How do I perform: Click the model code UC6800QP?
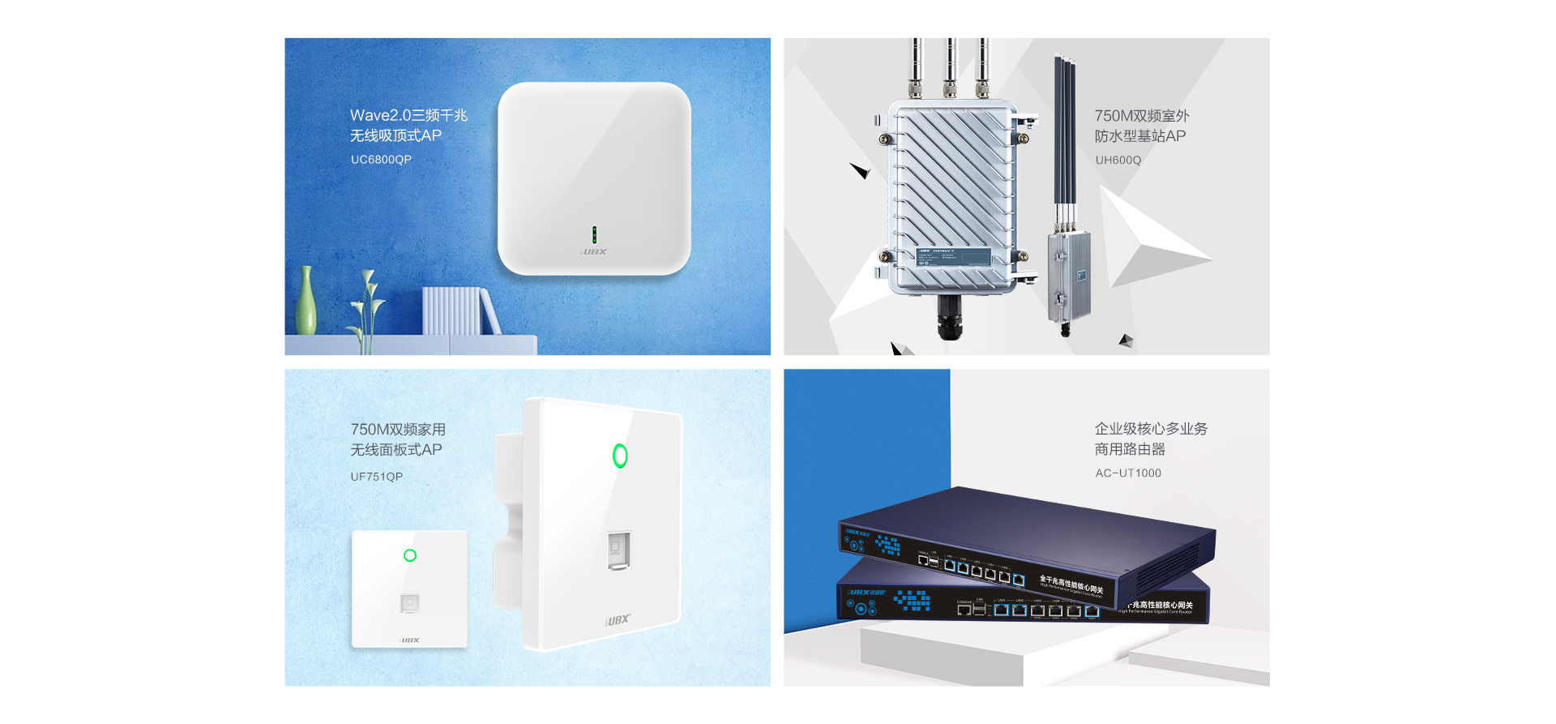click(x=381, y=160)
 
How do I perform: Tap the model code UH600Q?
click(x=1118, y=161)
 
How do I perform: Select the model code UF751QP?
click(x=376, y=477)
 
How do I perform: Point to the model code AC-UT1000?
click(x=1128, y=473)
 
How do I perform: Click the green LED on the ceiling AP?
click(x=594, y=235)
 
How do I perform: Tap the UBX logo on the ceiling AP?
click(x=594, y=252)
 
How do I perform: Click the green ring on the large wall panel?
click(x=620, y=456)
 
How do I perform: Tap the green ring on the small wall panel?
click(x=410, y=555)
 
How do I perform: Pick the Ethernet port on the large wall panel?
click(x=618, y=550)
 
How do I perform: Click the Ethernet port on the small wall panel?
click(x=410, y=603)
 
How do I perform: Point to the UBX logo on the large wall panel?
click(x=618, y=620)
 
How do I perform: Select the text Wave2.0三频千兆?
click(x=408, y=115)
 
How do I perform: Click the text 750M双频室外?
click(x=1142, y=116)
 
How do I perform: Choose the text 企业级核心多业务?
click(x=1151, y=429)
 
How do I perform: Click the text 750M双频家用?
click(x=398, y=430)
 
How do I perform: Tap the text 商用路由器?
click(x=1130, y=449)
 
